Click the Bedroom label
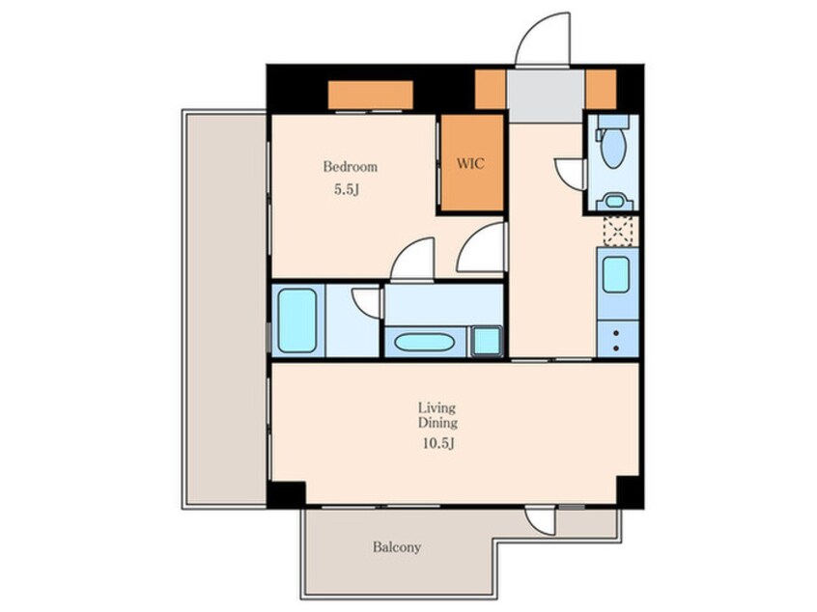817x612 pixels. tap(351, 167)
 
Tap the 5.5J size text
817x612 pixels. tap(347, 189)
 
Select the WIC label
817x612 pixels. tap(470, 163)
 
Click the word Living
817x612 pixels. tap(437, 407)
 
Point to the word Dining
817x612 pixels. tap(437, 423)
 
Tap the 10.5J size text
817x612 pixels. tap(437, 443)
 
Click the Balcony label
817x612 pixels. tap(397, 547)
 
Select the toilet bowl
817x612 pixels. tap(612, 147)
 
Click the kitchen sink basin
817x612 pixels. tap(616, 274)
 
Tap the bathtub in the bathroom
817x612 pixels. tap(297, 320)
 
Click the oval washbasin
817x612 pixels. tap(424, 343)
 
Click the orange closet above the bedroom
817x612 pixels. tap(371, 95)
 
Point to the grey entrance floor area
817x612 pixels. tap(546, 96)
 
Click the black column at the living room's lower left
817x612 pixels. tap(287, 495)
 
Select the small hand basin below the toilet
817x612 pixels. tap(615, 201)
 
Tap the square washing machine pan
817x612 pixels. tap(487, 342)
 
